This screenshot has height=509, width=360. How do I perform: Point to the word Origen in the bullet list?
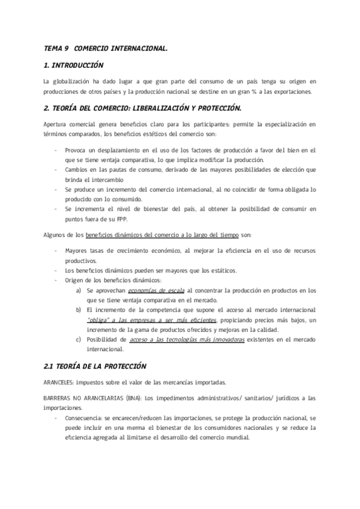[76, 280]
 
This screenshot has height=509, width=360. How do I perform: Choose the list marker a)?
[79, 290]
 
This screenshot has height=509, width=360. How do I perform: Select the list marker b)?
[79, 310]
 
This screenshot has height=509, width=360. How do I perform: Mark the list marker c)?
[79, 339]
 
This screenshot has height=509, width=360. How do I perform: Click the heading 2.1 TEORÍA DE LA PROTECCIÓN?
[95, 366]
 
